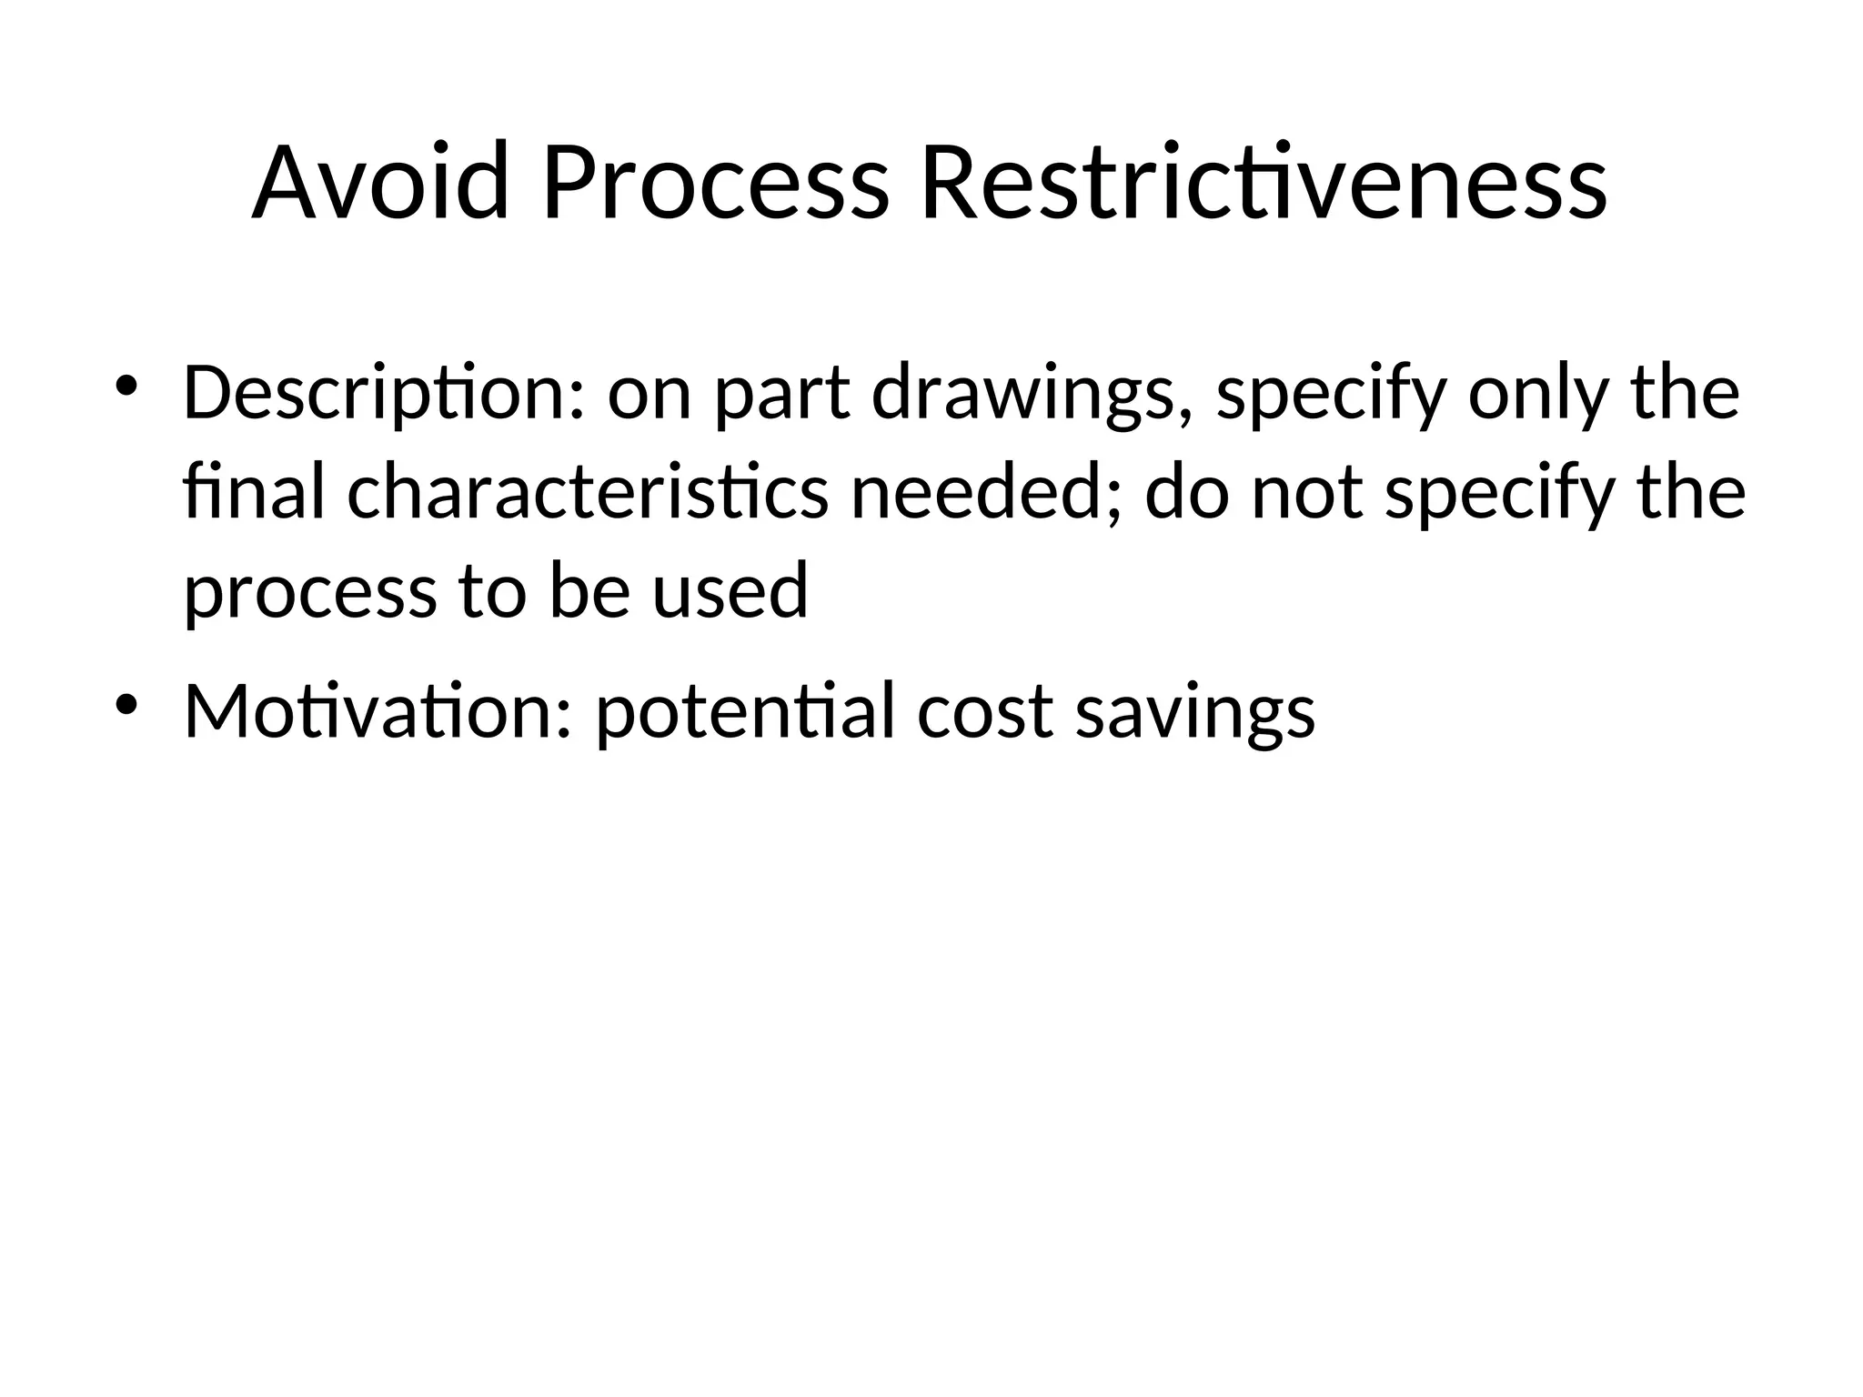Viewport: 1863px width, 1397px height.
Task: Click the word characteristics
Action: click(x=588, y=492)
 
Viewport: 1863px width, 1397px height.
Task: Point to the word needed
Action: click(x=986, y=492)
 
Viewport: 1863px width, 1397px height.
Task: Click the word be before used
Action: click(x=589, y=590)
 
